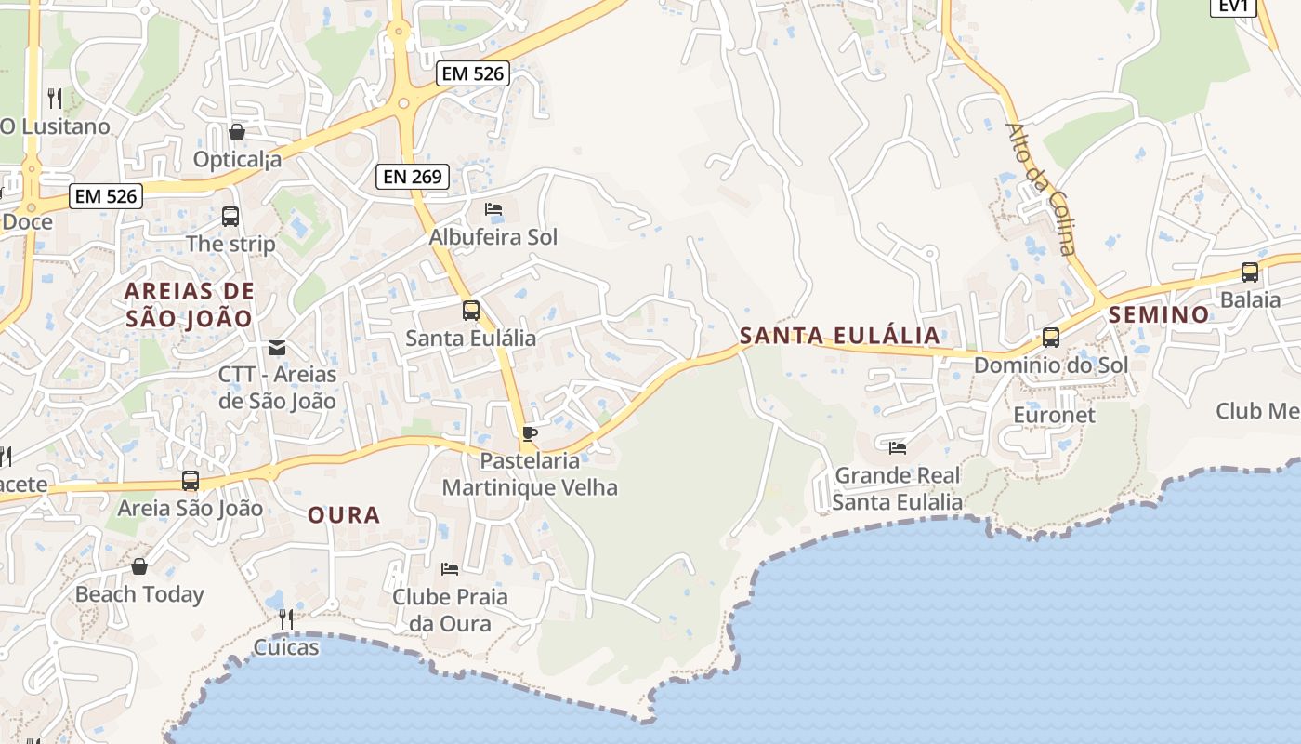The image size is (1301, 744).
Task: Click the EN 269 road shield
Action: [x=413, y=177]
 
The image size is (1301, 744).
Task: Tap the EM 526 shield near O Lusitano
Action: [x=106, y=196]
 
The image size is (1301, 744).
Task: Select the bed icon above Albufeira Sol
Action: [x=493, y=210]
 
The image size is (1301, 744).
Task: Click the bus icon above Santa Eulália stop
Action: [x=471, y=310]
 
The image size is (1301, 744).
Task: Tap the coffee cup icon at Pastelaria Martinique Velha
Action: [x=529, y=433]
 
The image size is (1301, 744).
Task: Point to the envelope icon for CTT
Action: [x=277, y=348]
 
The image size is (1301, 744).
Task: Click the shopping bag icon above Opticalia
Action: [x=237, y=132]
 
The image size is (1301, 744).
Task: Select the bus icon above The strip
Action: [x=230, y=217]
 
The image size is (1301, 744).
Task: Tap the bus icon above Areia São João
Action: [x=191, y=481]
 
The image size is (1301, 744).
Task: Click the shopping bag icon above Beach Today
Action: [x=139, y=566]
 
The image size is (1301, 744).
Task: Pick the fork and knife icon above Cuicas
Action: [x=286, y=618]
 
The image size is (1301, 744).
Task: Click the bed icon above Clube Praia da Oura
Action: [x=450, y=568]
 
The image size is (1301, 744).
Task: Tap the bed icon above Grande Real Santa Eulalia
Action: [x=898, y=448]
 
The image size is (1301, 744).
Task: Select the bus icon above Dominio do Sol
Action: [x=1051, y=337]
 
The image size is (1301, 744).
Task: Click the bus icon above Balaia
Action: [x=1250, y=272]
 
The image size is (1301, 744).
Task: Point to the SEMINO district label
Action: [x=1159, y=314]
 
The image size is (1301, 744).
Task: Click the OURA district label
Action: [x=344, y=514]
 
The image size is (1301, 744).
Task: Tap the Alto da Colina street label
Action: [x=1042, y=189]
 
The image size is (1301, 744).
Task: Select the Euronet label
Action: [x=1055, y=415]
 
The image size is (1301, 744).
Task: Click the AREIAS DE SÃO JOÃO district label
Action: [x=190, y=304]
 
